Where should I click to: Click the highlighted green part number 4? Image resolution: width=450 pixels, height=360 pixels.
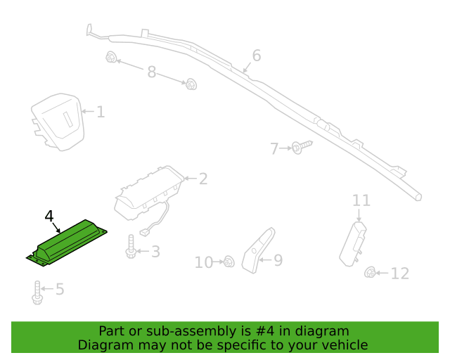point(67,243)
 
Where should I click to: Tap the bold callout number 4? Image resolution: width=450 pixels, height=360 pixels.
point(49,216)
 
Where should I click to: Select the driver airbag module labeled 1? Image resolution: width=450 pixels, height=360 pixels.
point(58,122)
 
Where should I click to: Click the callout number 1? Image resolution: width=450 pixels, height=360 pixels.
point(101,112)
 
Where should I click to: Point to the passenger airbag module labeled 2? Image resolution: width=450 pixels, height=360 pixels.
point(149,193)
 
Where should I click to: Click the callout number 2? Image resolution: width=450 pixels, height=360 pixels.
point(203,179)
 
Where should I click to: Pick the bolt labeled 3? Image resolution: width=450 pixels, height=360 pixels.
point(131,246)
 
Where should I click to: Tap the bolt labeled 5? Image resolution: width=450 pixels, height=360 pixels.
point(37,292)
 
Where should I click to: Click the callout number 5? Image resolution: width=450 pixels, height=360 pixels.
point(60,289)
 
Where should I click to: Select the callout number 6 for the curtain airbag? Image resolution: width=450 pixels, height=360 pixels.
point(257,56)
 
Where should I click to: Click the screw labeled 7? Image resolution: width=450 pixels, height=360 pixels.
point(302,147)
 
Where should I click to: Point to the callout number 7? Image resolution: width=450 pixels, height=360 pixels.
point(274,148)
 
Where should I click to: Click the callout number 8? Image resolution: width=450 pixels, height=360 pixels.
point(152,72)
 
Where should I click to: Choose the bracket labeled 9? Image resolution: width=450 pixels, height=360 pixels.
point(257,250)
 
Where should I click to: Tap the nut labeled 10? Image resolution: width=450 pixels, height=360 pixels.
point(229,262)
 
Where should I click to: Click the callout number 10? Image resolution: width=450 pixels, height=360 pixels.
point(204,262)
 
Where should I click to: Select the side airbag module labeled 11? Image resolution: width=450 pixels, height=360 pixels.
point(353,244)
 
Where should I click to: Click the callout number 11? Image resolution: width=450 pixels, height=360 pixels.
point(361,200)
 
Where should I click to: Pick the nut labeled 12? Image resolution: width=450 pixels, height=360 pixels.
point(370,272)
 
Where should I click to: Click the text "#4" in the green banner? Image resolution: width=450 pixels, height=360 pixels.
point(264,331)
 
